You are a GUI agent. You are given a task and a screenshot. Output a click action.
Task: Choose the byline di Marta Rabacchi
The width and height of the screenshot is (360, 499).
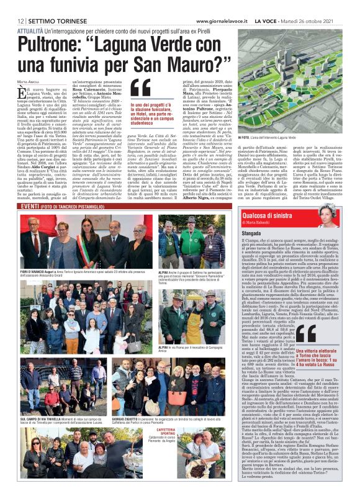(274, 220)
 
